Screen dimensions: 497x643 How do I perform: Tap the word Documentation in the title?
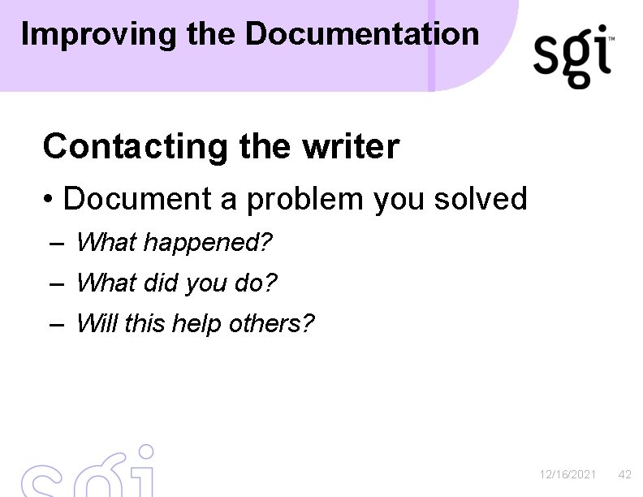tap(362, 34)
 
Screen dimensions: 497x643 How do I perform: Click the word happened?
tap(208, 242)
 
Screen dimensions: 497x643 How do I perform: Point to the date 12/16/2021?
tap(568, 474)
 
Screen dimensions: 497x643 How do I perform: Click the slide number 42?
tap(624, 474)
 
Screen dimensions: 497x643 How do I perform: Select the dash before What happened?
tap(56, 243)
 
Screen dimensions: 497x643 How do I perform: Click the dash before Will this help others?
tap(56, 324)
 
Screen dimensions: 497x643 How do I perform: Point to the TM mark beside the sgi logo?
tap(611, 39)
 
